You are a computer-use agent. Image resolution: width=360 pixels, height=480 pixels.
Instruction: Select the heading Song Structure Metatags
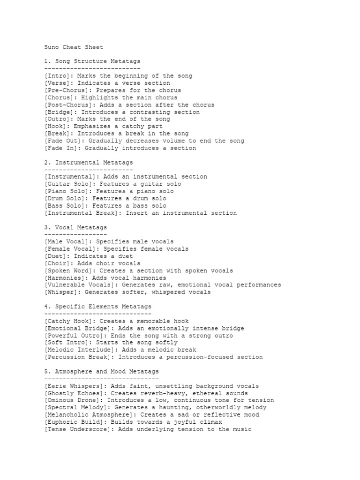[97, 61]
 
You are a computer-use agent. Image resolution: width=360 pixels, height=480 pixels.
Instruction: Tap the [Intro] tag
[59, 76]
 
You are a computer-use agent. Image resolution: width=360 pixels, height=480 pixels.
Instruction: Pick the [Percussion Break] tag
[77, 357]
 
